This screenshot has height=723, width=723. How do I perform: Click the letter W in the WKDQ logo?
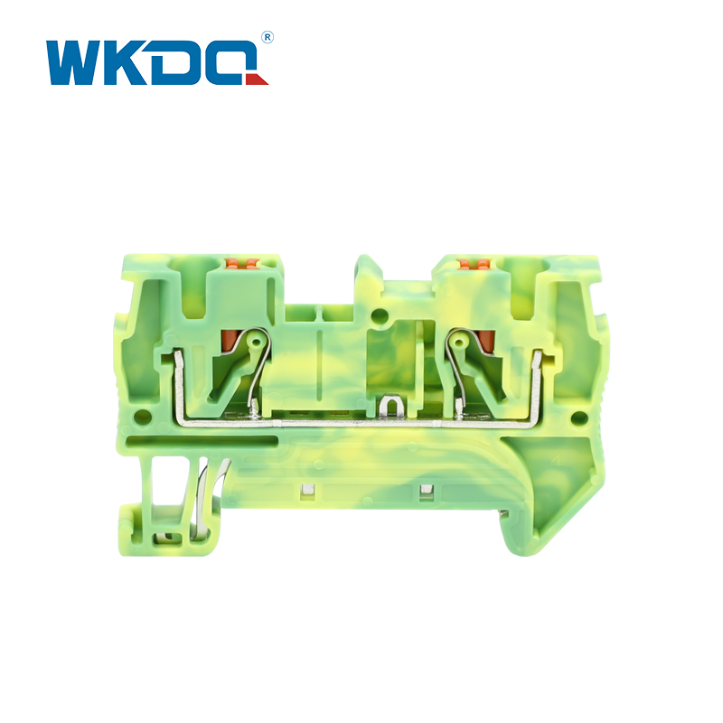[74, 63]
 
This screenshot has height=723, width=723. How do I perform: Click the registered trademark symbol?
[268, 37]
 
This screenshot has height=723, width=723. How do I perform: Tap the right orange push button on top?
[473, 264]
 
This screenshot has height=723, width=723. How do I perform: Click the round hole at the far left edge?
[142, 418]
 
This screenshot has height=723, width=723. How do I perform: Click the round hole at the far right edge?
[577, 418]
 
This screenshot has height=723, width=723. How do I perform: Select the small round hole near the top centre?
[379, 315]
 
